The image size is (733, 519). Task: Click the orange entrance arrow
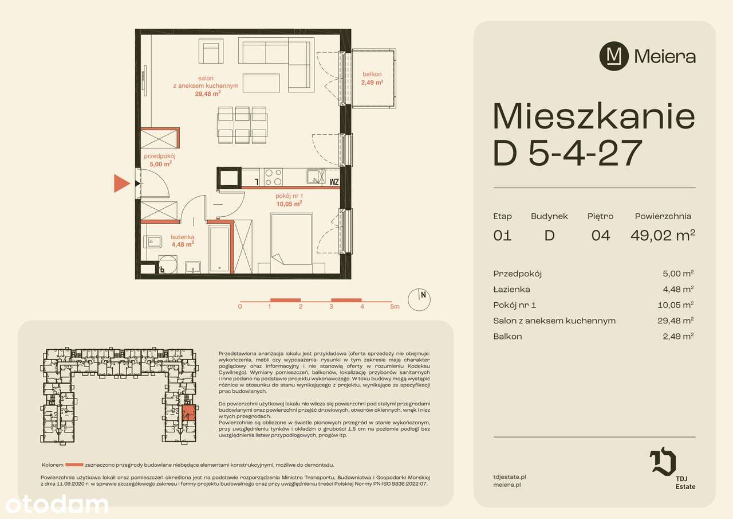[x=121, y=184]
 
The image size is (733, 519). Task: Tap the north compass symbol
[x=419, y=299]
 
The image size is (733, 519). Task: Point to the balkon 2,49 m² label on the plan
[x=372, y=78]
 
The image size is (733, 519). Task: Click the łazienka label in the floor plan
[x=182, y=240]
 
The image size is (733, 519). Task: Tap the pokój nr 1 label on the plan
[x=289, y=199]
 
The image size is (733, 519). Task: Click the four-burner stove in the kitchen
[x=273, y=177]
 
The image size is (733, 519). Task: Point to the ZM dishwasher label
[x=335, y=182]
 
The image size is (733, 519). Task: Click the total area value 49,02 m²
[x=663, y=235]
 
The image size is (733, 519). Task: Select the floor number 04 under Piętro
[x=600, y=235]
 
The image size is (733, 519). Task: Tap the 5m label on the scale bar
[x=394, y=307]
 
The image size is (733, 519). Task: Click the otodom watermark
[x=57, y=505]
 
